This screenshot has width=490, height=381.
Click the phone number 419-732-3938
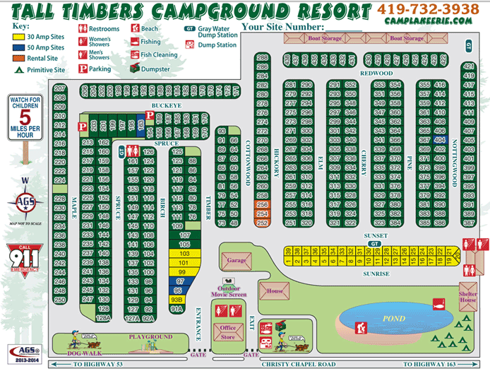coord(429,9)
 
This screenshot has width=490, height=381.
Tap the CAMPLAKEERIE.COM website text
coord(429,22)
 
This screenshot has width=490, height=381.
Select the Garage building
coord(237,259)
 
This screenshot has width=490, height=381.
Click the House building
coord(275,290)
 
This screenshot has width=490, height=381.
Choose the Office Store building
coord(228,332)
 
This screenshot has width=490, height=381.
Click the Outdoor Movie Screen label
coord(227,291)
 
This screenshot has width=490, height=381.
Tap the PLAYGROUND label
coord(150,337)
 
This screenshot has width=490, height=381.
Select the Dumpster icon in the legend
coord(133,69)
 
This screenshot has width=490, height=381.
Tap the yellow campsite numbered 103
coord(184,253)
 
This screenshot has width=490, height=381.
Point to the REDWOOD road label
coord(376,73)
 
